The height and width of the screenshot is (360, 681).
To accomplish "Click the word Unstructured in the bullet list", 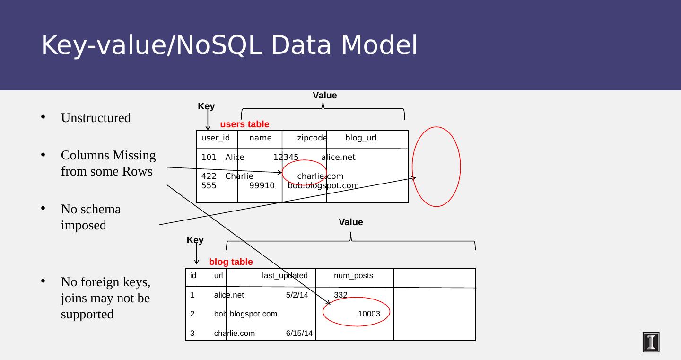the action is point(96,118).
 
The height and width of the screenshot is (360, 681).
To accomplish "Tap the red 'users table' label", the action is point(245,124).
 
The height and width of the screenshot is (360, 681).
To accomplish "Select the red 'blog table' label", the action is point(231,262).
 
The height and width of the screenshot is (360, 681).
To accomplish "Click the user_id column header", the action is point(216,138).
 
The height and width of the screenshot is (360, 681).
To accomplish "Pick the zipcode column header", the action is point(312,138).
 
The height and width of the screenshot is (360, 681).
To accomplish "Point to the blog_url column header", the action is point(361,138).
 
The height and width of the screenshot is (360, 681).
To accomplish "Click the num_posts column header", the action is point(353,276).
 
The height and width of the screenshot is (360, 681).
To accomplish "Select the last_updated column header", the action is point(285,276).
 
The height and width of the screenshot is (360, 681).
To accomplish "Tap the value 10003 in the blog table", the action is point(369,314).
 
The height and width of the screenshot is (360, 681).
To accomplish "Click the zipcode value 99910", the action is point(262,185).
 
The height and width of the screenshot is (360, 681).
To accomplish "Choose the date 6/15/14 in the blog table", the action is point(299,333).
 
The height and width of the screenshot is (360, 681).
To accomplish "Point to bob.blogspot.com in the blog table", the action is point(245,314).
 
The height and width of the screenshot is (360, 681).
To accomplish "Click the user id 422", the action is point(209,176).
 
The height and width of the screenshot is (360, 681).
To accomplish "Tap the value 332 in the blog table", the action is point(340,295).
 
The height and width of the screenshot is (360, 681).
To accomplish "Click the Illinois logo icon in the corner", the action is point(651,342).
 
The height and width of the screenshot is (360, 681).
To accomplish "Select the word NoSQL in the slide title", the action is point(219,45).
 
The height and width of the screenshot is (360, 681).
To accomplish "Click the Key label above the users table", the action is point(206,106).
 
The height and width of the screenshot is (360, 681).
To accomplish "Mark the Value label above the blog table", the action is point(351,222).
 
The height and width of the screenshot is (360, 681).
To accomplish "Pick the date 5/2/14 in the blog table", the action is point(297,295).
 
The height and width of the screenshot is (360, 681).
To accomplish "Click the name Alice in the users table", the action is point(235,157).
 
